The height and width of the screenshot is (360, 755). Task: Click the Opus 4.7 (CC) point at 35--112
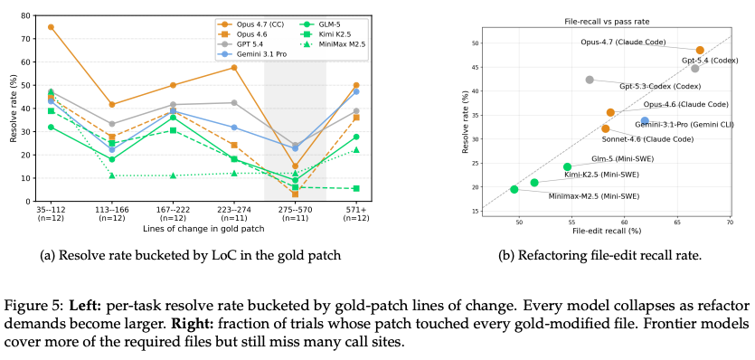tap(51, 27)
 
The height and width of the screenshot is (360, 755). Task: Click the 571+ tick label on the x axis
tap(356, 210)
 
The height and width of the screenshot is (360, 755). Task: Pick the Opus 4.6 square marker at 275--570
tap(295, 194)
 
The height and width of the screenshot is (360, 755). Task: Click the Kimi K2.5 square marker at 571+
tap(356, 188)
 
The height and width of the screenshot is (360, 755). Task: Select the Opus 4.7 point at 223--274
tap(234, 68)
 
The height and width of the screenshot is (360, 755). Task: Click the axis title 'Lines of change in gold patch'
tap(203, 229)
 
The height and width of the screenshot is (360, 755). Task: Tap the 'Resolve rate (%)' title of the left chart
tap(14, 109)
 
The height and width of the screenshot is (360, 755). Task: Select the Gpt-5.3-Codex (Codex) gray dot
tap(590, 80)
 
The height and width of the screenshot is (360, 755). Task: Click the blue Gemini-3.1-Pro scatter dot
tap(645, 120)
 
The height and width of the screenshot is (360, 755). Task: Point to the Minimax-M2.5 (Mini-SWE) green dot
tap(514, 189)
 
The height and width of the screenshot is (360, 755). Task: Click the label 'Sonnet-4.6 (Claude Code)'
tap(647, 138)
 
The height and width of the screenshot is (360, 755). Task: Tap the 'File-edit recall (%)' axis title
tap(607, 231)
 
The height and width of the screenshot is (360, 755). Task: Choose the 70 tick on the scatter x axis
tap(729, 223)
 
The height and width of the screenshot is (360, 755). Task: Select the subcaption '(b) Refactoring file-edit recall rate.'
tap(600, 255)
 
